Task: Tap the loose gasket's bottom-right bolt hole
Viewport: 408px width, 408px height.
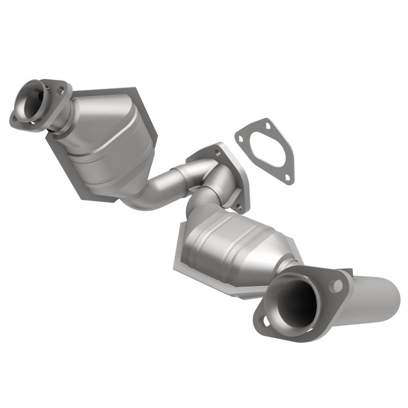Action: point(287,178)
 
